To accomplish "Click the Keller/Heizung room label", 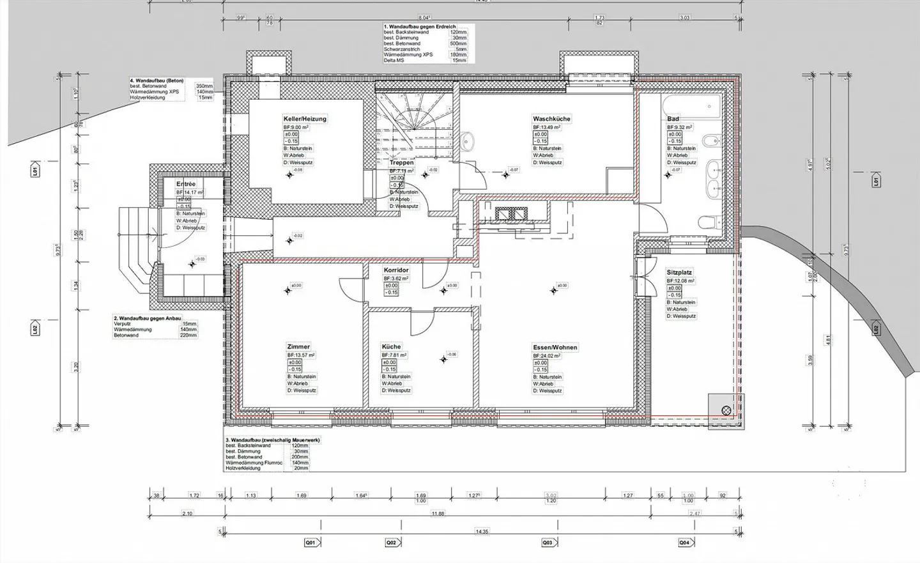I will [x=305, y=119].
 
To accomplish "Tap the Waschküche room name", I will [x=551, y=119].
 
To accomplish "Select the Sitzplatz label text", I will [x=679, y=272].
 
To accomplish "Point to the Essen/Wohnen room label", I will [x=555, y=348].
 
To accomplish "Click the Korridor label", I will [x=396, y=270].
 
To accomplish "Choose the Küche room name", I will [x=391, y=347].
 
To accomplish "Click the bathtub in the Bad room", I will [x=691, y=105].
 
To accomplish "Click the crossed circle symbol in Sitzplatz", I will [x=726, y=410].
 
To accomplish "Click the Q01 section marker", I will [x=310, y=543].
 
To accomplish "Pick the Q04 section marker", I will [x=684, y=543].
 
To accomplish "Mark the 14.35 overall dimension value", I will [x=481, y=532].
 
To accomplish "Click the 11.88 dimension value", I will [x=437, y=514].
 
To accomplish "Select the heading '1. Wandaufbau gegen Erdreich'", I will [x=419, y=27].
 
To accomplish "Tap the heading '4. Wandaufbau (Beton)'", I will [x=157, y=81].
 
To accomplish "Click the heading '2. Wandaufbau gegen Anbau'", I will [x=147, y=318].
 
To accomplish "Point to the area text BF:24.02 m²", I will [x=548, y=356].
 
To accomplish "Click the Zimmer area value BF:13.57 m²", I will [x=301, y=355].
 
